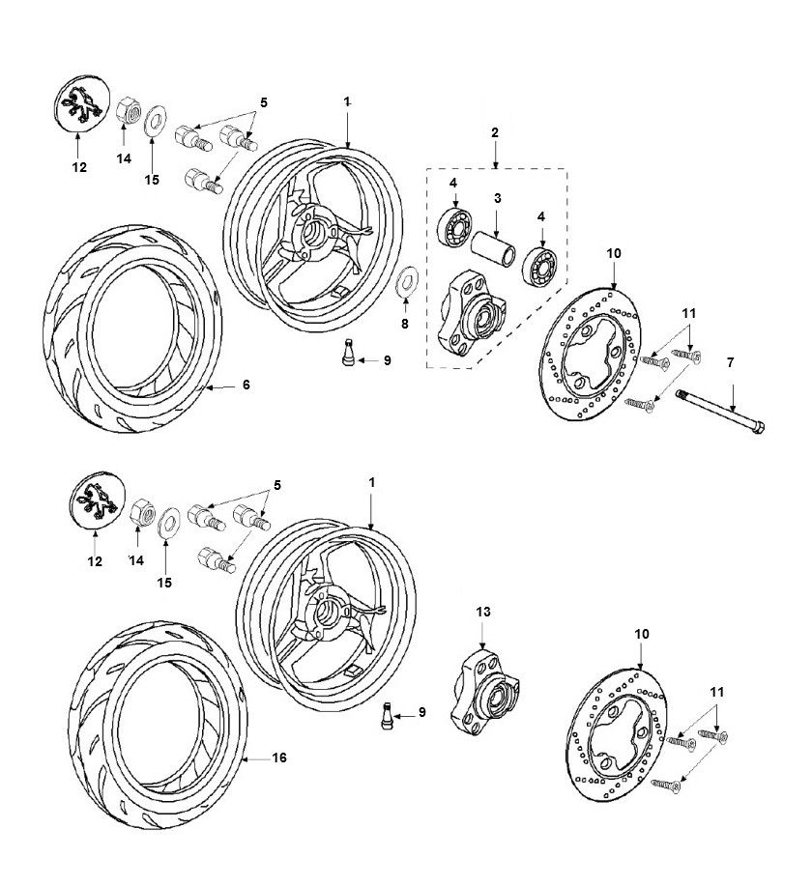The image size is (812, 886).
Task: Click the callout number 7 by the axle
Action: pyautogui.click(x=731, y=362)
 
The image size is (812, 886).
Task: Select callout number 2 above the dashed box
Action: pyautogui.click(x=495, y=131)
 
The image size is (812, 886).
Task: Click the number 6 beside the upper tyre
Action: pyautogui.click(x=246, y=385)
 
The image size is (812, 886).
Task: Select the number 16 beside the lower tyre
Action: pyautogui.click(x=279, y=758)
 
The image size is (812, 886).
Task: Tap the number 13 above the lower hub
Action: pyautogui.click(x=483, y=611)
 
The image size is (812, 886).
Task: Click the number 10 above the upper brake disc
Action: pyautogui.click(x=612, y=253)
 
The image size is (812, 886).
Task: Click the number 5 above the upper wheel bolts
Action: pyautogui.click(x=263, y=101)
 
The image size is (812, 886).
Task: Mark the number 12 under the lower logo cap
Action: pyautogui.click(x=94, y=560)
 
